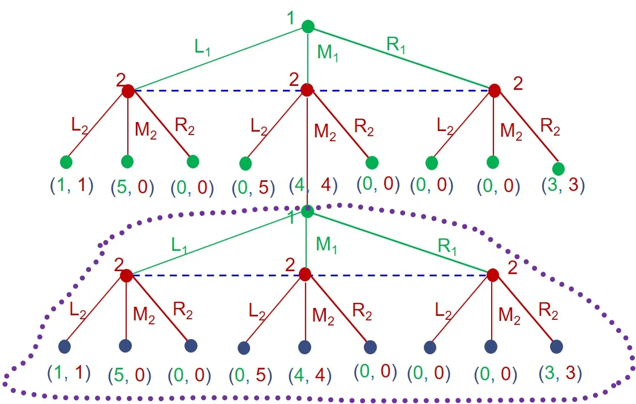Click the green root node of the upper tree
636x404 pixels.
[x=308, y=26]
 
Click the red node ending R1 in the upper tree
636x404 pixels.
[x=495, y=90]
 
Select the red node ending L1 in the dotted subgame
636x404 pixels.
[x=126, y=276]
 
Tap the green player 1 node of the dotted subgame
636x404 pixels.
[x=307, y=211]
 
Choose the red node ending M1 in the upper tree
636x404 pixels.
[x=307, y=90]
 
